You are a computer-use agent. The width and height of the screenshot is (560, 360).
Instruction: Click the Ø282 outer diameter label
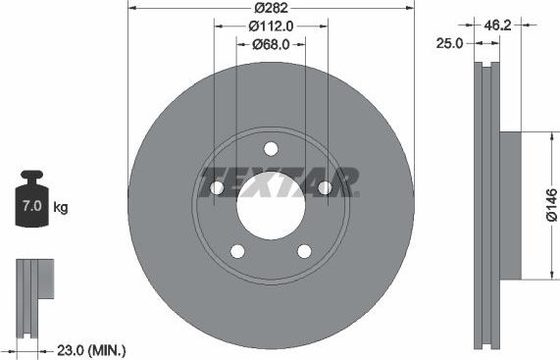click(x=272, y=9)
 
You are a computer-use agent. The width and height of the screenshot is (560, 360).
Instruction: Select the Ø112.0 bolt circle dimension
click(x=271, y=27)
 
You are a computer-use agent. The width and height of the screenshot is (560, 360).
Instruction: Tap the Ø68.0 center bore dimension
click(x=271, y=44)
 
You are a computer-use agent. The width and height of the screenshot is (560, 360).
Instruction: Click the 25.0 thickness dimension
click(x=451, y=43)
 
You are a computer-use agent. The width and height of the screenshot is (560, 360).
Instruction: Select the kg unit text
click(x=60, y=208)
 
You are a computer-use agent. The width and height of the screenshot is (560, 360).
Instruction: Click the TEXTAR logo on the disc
click(x=279, y=182)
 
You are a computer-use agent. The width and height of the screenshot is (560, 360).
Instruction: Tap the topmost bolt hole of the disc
click(x=271, y=148)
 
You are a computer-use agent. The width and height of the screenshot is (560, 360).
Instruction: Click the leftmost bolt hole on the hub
click(x=216, y=188)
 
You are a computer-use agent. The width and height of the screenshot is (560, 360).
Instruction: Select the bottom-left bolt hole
click(x=237, y=252)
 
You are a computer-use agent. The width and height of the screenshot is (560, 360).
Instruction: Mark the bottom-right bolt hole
click(x=304, y=252)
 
